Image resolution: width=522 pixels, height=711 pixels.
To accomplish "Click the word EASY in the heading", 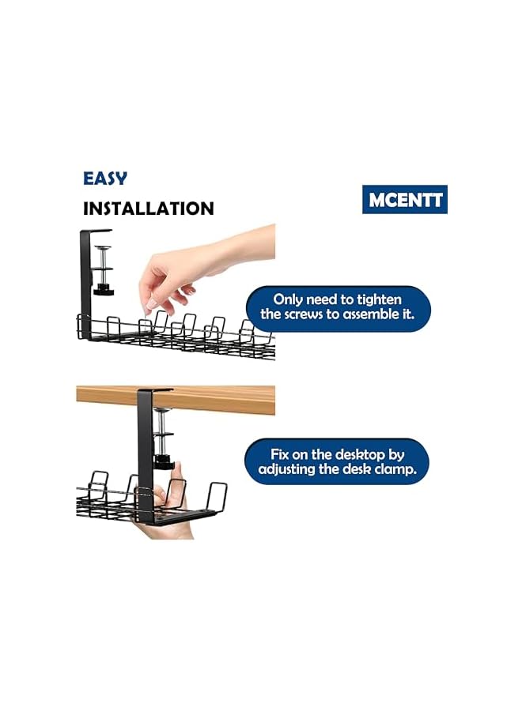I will click(105, 179).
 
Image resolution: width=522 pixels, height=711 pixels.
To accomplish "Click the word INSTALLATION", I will click(149, 209).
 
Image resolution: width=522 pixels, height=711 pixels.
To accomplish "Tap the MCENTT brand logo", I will click(405, 198).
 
